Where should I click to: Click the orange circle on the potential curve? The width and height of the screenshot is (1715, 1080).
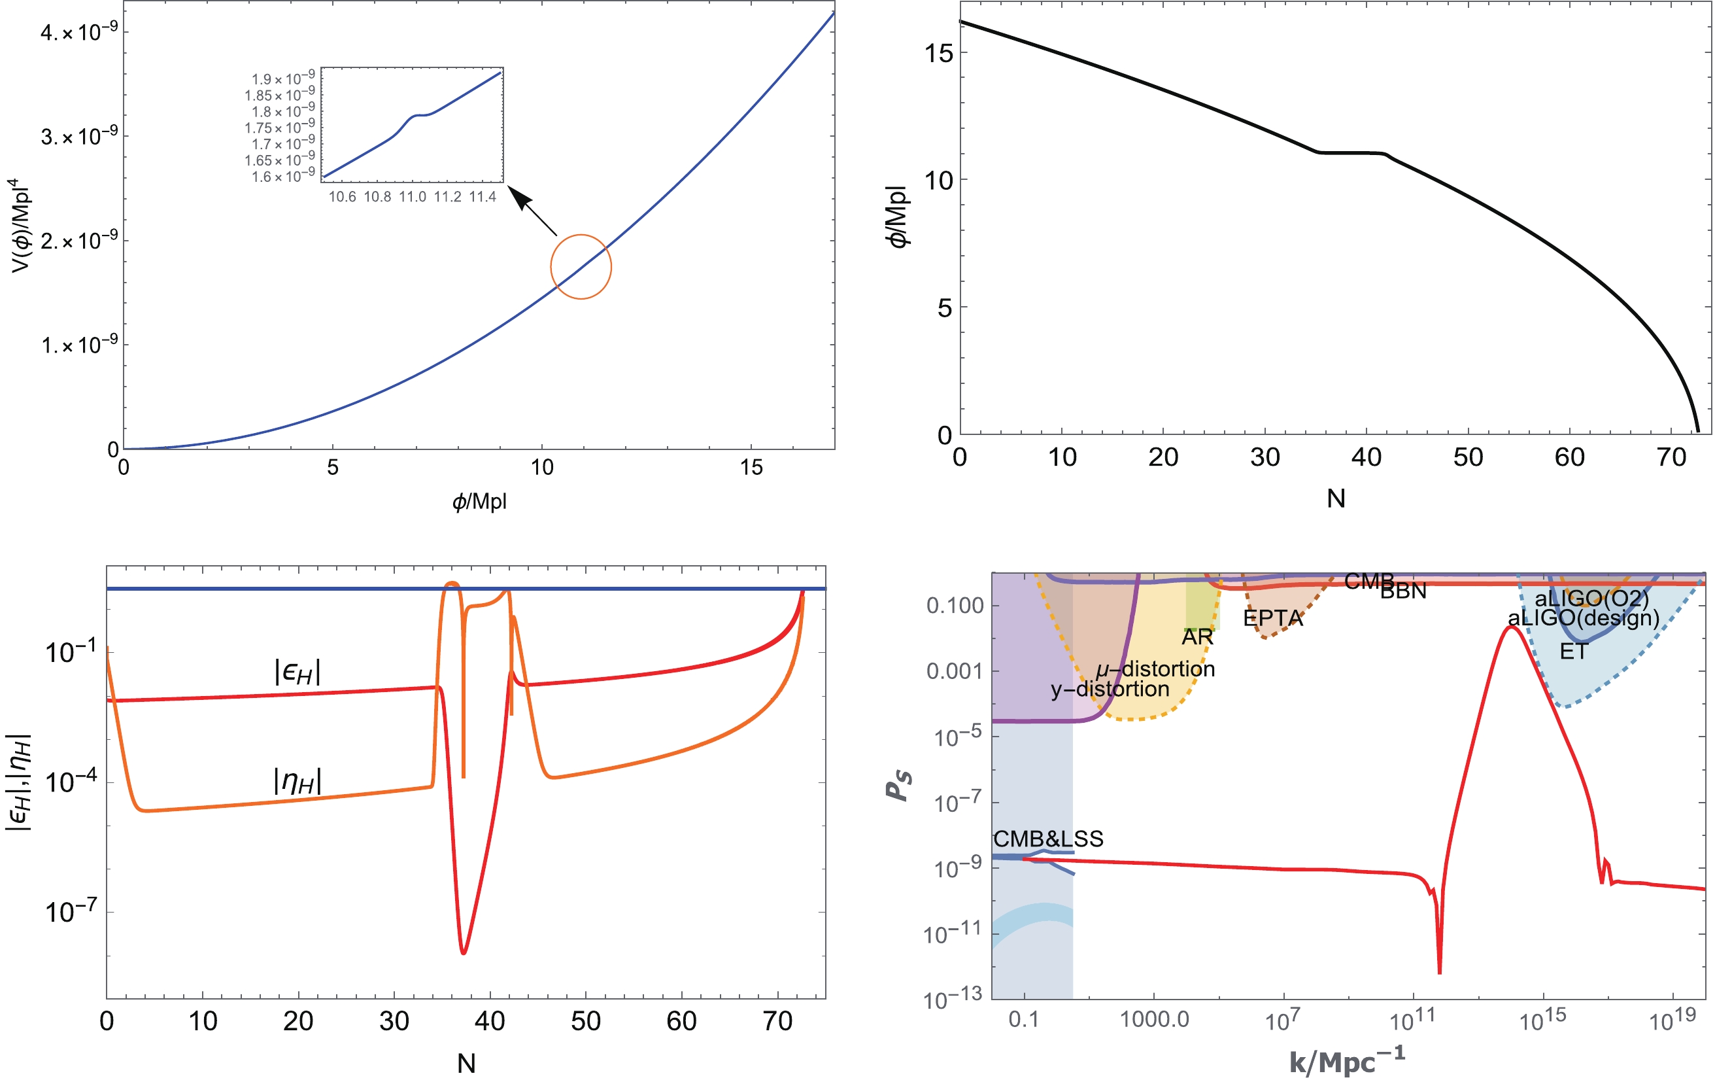tap(581, 266)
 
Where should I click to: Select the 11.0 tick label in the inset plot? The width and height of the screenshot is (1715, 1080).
tap(413, 198)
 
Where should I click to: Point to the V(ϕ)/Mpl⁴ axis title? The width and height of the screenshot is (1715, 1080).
tap(21, 226)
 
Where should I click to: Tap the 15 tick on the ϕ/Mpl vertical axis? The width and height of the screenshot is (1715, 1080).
tap(939, 54)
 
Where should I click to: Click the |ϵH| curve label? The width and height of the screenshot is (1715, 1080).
tap(297, 672)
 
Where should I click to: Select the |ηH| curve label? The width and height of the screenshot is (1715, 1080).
tap(297, 782)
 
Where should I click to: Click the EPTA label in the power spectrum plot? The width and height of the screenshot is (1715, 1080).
tap(1273, 618)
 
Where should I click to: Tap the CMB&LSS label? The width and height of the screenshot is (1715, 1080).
tap(1048, 839)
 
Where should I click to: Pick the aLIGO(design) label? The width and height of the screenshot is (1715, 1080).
tap(1583, 618)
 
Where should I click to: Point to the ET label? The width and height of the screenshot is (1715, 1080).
tap(1573, 651)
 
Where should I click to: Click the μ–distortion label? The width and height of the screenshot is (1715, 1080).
tap(1155, 669)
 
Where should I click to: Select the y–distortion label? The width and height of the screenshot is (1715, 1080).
tap(1110, 689)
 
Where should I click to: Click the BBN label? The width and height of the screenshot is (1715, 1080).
tap(1403, 591)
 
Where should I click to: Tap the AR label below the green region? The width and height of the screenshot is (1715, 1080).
tap(1197, 637)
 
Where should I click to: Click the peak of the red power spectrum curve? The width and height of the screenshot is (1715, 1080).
tap(1510, 627)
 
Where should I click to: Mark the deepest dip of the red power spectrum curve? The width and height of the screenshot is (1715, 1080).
tap(1439, 971)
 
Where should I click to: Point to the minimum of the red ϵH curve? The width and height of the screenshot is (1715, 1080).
tap(464, 952)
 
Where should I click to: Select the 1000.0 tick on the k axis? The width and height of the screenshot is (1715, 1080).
tap(1155, 1019)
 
